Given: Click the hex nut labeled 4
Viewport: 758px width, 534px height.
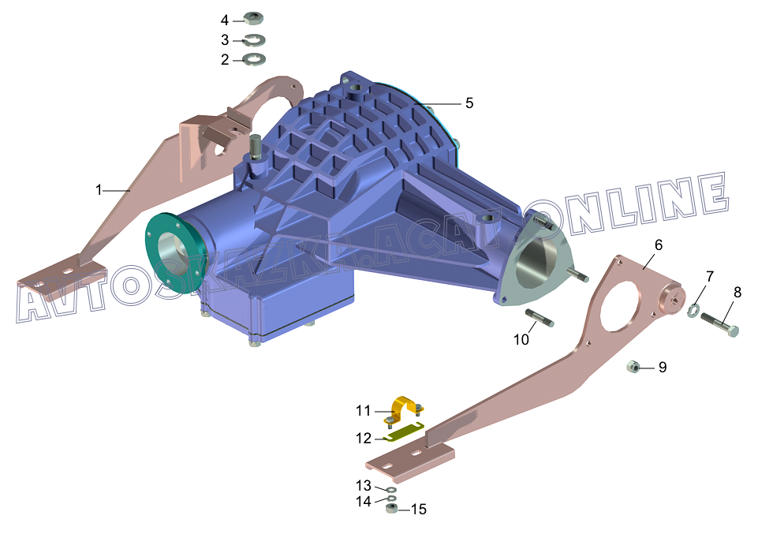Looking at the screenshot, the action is [x=253, y=19].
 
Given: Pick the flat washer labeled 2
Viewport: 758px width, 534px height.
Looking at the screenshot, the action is [x=254, y=59].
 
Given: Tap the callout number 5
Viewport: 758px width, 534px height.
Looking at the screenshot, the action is [x=469, y=103].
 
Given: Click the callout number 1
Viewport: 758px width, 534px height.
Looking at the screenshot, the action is [x=99, y=190].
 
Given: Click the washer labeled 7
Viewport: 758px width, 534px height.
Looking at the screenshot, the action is [x=693, y=310].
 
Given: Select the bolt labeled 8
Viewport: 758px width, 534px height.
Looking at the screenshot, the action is [x=719, y=323].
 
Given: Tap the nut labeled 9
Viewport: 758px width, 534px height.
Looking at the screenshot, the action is [x=633, y=367].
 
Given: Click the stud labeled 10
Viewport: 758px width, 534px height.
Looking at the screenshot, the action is [x=540, y=318].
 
